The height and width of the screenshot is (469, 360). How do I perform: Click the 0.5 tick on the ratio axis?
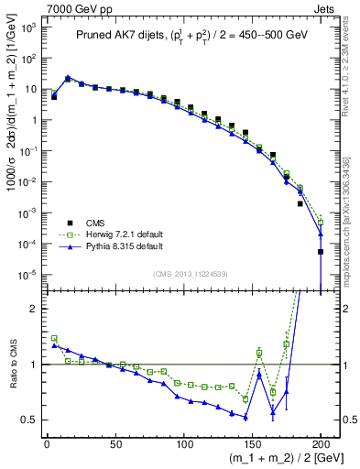(x=28, y=420)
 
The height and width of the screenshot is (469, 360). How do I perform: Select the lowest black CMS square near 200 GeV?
(x=321, y=252)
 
